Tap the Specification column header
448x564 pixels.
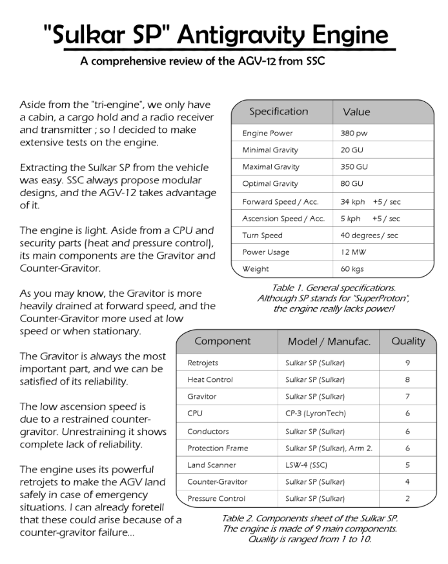tap(279, 112)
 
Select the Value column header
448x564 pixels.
tap(356, 112)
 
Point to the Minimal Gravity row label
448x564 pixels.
tap(270, 150)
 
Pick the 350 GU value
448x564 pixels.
tap(354, 167)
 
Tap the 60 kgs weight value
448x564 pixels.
tap(352, 269)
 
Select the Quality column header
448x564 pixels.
tap(408, 341)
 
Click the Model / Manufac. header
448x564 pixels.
tap(329, 341)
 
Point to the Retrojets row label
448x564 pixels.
tap(203, 363)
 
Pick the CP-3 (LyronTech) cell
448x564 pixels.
tap(315, 414)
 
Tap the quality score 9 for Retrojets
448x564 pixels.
tap(408, 363)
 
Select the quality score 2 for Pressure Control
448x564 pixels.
tap(408, 499)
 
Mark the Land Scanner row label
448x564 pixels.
tap(212, 465)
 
